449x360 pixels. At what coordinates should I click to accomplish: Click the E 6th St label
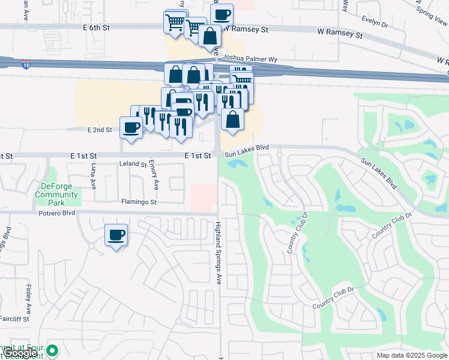coord(97,28)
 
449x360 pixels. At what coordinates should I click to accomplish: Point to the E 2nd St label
coord(100,130)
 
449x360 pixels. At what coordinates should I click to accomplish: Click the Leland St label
coord(133,164)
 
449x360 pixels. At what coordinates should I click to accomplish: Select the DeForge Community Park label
coord(56,194)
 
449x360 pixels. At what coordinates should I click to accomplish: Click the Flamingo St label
coord(139,202)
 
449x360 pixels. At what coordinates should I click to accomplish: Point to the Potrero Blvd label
coord(57,213)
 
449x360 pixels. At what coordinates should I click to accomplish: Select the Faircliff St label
coord(14,319)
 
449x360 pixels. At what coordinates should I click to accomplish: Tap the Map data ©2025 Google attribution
coord(412,355)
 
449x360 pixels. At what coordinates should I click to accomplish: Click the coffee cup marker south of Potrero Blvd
coord(116,235)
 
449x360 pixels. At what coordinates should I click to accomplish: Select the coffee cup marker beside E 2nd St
coord(131,127)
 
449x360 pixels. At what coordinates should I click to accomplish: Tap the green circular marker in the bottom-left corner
coord(53,350)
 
